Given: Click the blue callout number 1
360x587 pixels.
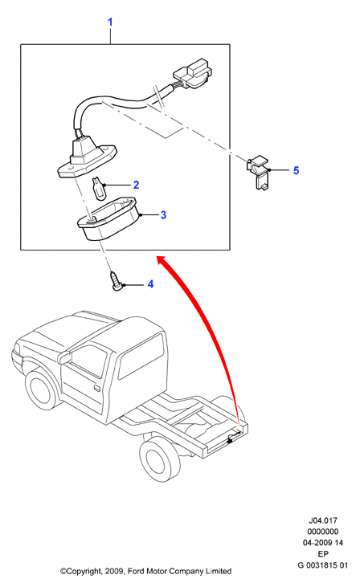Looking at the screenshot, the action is click(x=110, y=22).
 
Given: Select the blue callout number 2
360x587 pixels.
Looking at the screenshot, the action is click(x=136, y=185).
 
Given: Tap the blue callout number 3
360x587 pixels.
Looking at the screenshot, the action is click(x=163, y=215).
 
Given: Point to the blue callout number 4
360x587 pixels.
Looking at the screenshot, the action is click(x=150, y=284).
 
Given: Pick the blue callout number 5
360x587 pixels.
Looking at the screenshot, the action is click(x=296, y=171).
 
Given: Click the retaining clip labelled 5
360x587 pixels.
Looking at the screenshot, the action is click(x=258, y=172).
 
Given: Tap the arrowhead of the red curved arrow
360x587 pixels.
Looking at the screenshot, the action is click(x=162, y=260).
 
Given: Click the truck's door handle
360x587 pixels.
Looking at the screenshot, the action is click(x=96, y=388).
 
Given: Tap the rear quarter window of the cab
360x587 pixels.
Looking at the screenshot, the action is click(x=142, y=356).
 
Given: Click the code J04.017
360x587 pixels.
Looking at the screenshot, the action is click(x=323, y=520).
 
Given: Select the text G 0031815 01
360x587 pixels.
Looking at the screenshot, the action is click(x=323, y=565).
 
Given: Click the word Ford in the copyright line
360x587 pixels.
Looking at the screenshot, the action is click(x=137, y=571).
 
